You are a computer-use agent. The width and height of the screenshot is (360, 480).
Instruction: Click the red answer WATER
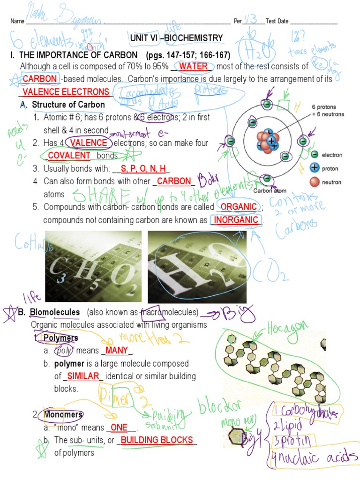point(193,67)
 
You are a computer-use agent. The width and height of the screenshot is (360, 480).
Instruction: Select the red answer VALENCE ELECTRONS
point(66,92)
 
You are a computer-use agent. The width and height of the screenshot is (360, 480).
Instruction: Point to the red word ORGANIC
point(239,207)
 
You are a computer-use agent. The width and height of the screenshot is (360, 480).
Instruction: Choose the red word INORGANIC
point(236,220)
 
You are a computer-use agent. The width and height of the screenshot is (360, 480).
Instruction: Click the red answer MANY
point(116,351)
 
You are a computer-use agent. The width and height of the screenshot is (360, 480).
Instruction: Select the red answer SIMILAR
point(82,376)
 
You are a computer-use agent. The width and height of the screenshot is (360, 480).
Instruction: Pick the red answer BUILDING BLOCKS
point(157,440)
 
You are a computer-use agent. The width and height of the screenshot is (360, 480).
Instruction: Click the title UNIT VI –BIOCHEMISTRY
point(176,38)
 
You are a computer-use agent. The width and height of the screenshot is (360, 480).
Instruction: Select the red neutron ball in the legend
point(315,181)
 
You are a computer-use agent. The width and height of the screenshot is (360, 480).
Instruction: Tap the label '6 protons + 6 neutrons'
point(328,111)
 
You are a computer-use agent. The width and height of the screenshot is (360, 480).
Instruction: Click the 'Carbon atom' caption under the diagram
point(270,191)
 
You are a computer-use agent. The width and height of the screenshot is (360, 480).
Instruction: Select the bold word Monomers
point(63,415)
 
